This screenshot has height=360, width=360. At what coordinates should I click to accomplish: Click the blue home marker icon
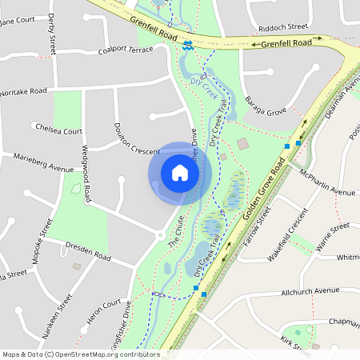pos(179,172)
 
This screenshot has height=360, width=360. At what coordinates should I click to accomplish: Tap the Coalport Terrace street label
pos(125,50)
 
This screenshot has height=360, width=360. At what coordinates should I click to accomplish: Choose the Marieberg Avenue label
pos(43,162)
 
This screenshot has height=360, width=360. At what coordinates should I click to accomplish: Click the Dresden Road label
pos(89,254)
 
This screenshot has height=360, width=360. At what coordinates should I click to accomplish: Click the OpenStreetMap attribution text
pos(80,354)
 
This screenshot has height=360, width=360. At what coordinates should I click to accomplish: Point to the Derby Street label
pos(52,32)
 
